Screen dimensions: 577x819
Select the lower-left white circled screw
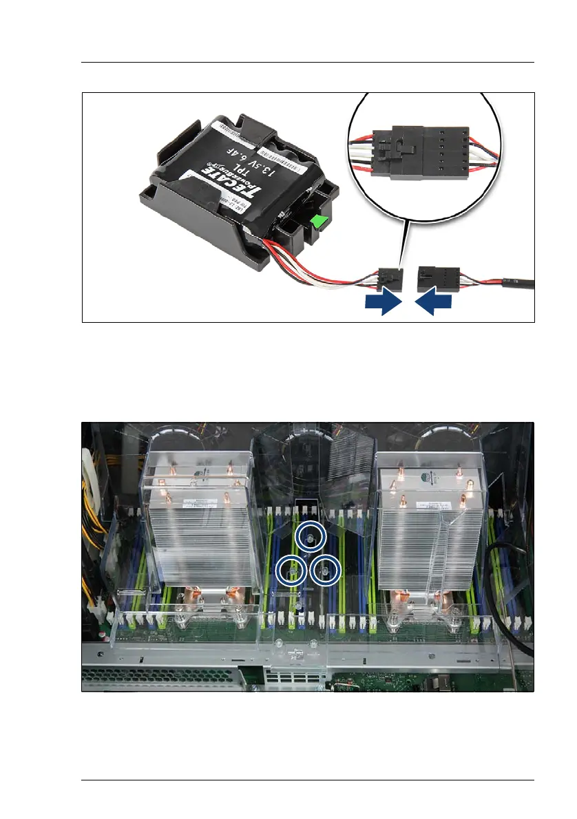[291, 570]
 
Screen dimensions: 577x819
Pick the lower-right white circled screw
[325, 569]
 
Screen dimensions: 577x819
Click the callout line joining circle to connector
[403, 241]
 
